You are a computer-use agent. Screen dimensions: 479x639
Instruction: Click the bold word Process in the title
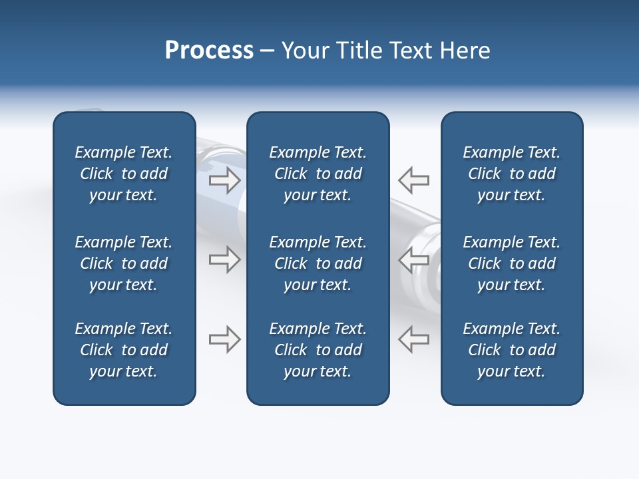click(x=209, y=51)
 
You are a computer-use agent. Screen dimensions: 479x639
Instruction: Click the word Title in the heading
click(x=358, y=51)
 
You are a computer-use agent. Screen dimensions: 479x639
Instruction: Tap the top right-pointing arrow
click(x=224, y=180)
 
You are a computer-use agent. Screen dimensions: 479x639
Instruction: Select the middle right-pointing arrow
click(x=224, y=259)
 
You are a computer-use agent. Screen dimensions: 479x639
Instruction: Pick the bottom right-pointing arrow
click(x=224, y=339)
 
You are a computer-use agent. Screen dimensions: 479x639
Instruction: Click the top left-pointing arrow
click(x=414, y=180)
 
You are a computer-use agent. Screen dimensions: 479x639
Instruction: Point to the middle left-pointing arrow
click(x=414, y=259)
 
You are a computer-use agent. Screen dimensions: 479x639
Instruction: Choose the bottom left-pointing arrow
click(x=414, y=339)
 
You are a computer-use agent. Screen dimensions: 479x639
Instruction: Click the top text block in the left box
click(x=124, y=174)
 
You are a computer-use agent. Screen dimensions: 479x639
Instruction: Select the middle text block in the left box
click(x=124, y=263)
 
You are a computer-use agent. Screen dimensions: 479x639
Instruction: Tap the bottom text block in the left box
click(x=124, y=350)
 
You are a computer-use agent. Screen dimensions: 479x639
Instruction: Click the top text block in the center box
click(x=318, y=174)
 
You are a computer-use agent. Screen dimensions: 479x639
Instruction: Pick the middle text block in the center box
click(x=318, y=263)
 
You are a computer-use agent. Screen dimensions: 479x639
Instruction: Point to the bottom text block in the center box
click(x=318, y=350)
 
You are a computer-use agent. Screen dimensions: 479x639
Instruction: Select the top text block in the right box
click(x=512, y=174)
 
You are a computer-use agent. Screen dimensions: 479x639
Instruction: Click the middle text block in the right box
click(x=512, y=263)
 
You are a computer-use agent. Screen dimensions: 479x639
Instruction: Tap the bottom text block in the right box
click(x=512, y=350)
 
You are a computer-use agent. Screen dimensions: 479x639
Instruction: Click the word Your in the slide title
click(x=304, y=51)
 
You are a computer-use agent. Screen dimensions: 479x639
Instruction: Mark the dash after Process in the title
click(x=267, y=51)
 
